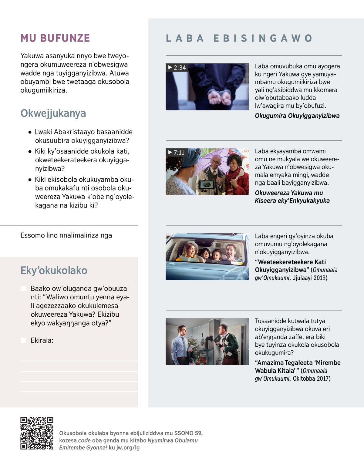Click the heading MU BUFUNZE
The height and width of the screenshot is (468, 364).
click(55, 38)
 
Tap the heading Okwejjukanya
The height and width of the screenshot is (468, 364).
click(53, 113)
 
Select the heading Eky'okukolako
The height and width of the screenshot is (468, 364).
click(54, 270)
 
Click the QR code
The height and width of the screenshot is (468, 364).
click(37, 433)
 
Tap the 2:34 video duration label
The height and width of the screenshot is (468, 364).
click(177, 67)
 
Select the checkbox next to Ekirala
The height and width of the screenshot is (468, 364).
click(23, 340)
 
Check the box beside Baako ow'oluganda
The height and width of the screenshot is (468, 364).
click(23, 288)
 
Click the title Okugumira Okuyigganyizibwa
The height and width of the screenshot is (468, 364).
click(297, 116)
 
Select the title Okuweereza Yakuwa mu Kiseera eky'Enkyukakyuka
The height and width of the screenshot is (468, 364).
click(292, 197)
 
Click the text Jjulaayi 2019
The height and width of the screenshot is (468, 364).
click(310, 278)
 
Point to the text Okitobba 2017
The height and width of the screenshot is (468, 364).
click(312, 379)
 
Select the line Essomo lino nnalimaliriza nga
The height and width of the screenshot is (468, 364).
click(66, 235)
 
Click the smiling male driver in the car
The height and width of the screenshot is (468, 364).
click(231, 252)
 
